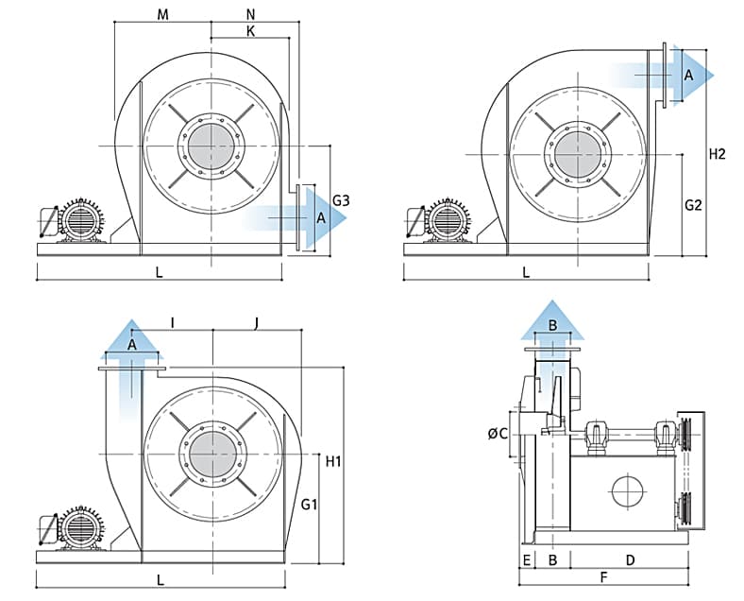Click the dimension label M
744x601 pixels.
(x=162, y=14)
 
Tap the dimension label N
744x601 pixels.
(x=250, y=14)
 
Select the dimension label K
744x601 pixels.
(x=250, y=31)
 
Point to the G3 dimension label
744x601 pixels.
(x=342, y=200)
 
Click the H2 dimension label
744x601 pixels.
(x=718, y=154)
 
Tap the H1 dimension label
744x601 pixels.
(x=333, y=462)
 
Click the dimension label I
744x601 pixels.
(x=173, y=323)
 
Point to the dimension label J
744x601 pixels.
(x=257, y=323)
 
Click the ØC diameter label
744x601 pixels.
(x=498, y=434)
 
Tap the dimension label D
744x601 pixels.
(x=630, y=560)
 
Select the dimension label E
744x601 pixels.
(x=526, y=560)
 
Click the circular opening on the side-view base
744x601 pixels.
(x=625, y=491)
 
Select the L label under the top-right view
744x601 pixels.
(x=526, y=272)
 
